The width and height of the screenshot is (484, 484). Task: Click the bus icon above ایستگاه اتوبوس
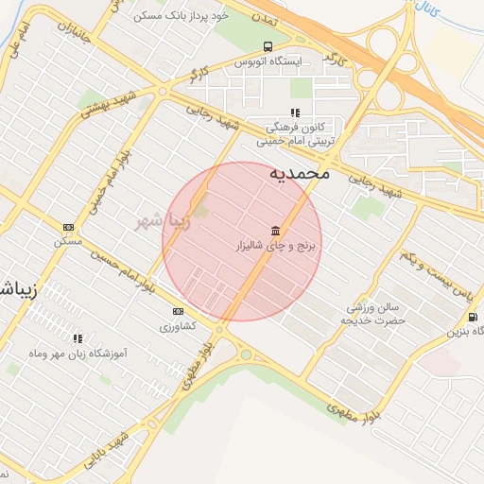tap(268, 46)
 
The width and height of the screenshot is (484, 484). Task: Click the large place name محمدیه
tap(300, 173)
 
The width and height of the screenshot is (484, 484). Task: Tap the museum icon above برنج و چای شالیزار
tap(275, 231)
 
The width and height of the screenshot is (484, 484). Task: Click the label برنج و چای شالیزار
tap(279, 245)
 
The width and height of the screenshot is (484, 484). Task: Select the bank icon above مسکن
tap(68, 227)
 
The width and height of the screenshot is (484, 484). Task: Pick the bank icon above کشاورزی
tap(178, 311)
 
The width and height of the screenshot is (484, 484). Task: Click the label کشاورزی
tap(177, 325)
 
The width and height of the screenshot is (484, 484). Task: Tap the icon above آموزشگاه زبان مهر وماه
tap(78, 337)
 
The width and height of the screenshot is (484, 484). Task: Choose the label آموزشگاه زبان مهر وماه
tap(78, 352)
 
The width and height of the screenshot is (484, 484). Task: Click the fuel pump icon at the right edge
tap(473, 317)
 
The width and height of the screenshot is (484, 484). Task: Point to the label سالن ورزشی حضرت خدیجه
tap(374, 314)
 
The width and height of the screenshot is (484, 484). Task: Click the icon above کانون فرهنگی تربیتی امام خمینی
tap(295, 113)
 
